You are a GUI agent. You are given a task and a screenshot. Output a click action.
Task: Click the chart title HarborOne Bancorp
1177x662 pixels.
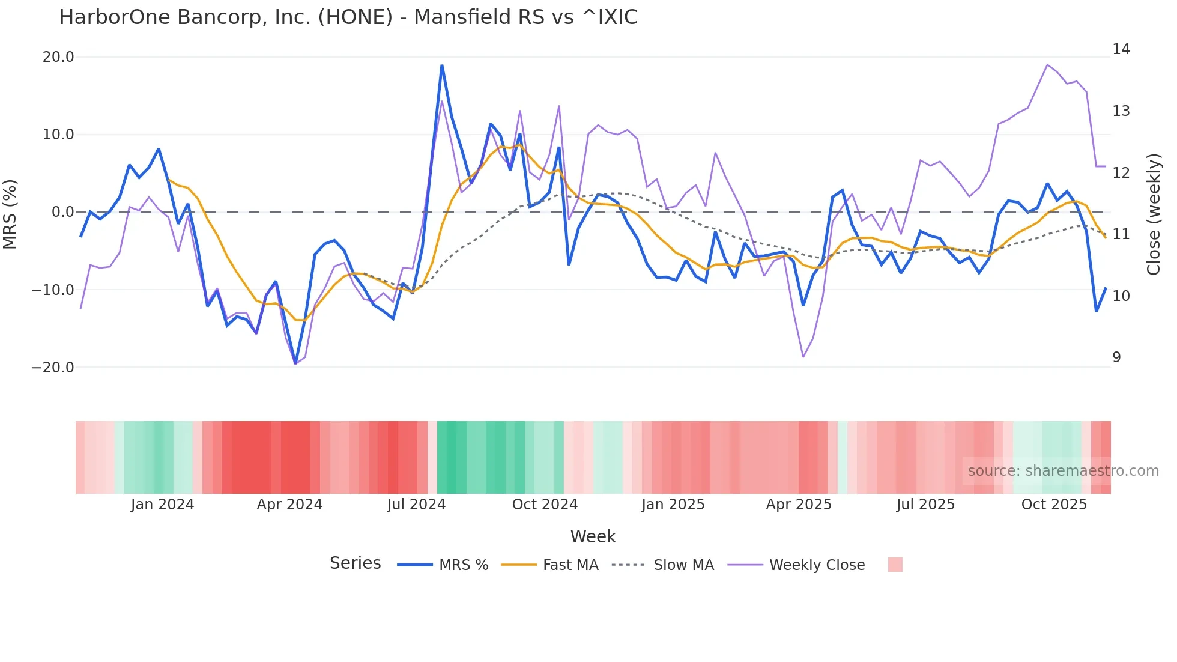click(348, 17)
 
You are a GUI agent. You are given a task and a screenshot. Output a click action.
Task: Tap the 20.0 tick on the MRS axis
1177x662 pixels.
click(58, 57)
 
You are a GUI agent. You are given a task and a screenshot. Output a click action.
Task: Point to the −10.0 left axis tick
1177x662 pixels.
click(53, 290)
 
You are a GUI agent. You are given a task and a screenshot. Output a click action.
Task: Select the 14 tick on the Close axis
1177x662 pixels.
click(1121, 49)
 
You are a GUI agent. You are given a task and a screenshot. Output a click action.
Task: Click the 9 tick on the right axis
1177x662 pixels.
click(1116, 357)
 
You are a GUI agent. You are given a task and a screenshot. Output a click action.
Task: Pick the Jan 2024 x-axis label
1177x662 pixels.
click(162, 505)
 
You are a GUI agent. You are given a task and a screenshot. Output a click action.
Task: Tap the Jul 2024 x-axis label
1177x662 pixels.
click(416, 505)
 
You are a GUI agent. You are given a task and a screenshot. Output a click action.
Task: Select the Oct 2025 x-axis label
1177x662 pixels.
click(1054, 505)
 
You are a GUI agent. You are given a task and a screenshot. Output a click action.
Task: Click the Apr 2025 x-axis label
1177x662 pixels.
click(799, 505)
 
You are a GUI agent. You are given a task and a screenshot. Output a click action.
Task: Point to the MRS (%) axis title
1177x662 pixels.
click(10, 214)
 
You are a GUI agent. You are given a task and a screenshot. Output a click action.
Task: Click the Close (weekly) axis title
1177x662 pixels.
click(1154, 214)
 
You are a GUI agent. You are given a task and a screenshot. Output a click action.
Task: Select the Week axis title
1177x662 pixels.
click(593, 536)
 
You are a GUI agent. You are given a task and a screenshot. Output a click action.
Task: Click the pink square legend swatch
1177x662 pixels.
click(895, 565)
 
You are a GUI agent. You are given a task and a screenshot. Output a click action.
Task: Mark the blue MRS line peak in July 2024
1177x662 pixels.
click(442, 65)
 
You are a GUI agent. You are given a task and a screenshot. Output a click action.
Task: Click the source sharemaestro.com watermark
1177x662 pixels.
click(1063, 471)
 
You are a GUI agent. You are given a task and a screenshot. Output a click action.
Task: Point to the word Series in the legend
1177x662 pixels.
click(355, 563)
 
